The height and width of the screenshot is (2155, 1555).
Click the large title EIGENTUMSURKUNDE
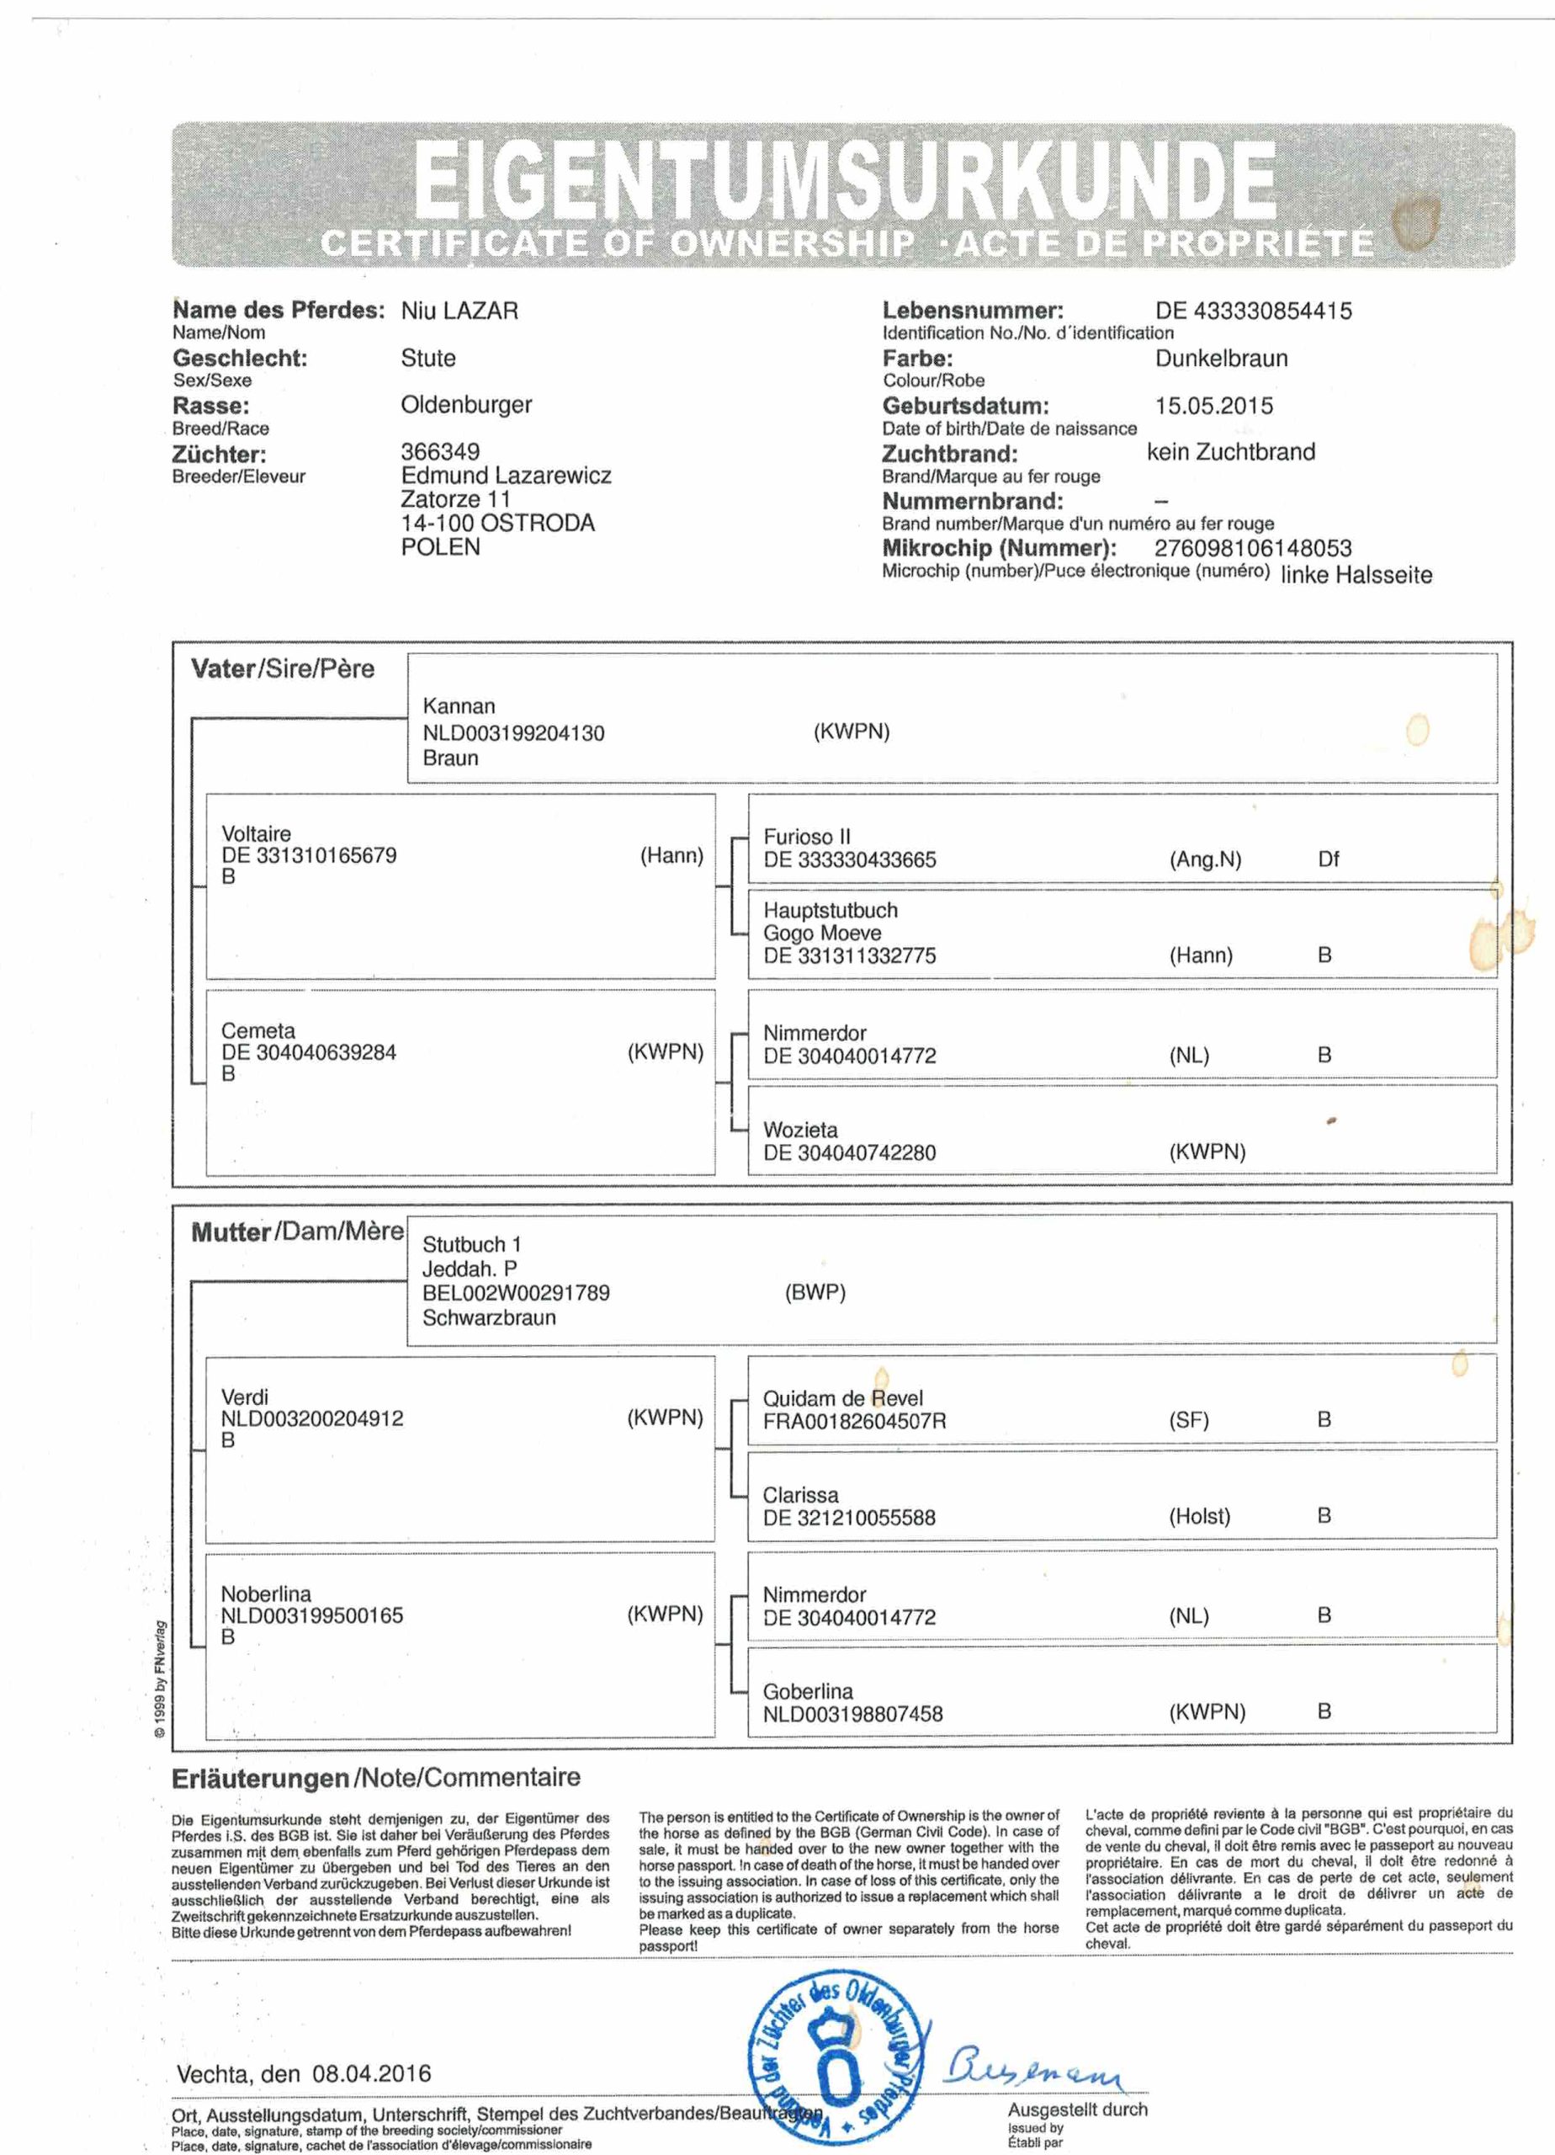[x=843, y=179]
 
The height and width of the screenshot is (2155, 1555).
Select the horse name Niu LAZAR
[x=459, y=311]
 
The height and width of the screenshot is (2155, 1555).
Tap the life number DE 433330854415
[x=1253, y=311]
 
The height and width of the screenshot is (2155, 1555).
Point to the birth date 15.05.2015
[x=1214, y=406]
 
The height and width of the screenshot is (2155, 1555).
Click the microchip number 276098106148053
[x=1252, y=548]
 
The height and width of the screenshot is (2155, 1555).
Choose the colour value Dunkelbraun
[x=1222, y=359]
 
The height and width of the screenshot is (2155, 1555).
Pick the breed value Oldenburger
[x=466, y=405]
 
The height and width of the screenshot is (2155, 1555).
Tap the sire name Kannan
[x=459, y=706]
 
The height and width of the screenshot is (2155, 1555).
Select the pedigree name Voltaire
[x=257, y=833]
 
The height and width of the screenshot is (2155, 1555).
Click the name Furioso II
[x=808, y=836]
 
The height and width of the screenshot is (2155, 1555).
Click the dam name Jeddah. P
[x=470, y=1269]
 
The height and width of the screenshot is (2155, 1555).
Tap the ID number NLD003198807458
[x=853, y=1714]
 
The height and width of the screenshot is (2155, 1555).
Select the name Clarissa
[x=801, y=1495]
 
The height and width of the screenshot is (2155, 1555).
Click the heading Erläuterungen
[x=260, y=1778]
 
